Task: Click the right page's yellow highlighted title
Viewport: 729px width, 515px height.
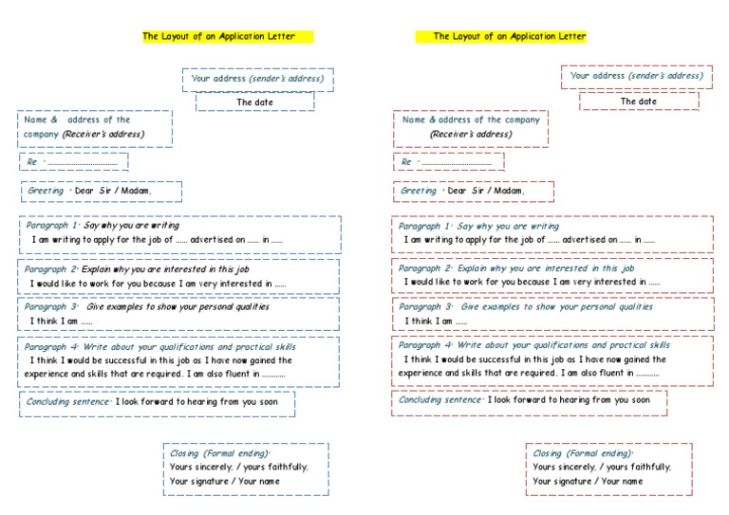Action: point(510,36)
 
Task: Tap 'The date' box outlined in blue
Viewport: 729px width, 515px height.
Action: point(254,101)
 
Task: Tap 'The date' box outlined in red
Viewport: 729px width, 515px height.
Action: point(639,101)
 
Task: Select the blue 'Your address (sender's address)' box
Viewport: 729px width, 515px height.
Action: point(257,79)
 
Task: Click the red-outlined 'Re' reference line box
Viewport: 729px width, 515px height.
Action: point(448,162)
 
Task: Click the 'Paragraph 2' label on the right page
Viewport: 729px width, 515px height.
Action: point(424,268)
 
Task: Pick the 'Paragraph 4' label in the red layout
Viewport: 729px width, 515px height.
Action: point(424,345)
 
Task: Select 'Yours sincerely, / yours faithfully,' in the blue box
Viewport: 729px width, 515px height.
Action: point(239,467)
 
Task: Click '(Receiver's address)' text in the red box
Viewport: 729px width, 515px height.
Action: point(470,134)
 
